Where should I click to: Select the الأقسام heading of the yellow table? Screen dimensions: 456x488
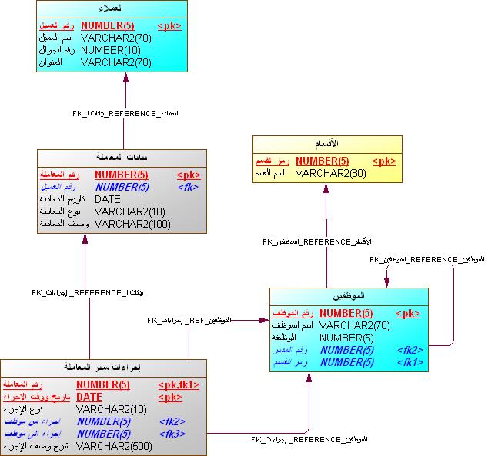[x=328, y=144]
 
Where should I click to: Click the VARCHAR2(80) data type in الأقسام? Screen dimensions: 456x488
[x=332, y=173]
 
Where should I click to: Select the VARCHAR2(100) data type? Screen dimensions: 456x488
[x=132, y=224]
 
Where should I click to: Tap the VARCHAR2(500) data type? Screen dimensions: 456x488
[x=114, y=445]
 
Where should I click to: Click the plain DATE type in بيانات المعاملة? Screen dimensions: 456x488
[x=107, y=199]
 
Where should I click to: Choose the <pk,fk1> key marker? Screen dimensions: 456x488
[x=179, y=384]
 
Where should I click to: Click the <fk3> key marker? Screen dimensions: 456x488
[x=173, y=433]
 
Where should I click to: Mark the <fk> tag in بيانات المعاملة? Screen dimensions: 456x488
[x=189, y=187]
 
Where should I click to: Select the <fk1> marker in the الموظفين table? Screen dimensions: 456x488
[x=410, y=361]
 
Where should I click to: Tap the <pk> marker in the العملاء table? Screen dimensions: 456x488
[x=169, y=25]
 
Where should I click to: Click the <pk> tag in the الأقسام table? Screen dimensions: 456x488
[x=384, y=161]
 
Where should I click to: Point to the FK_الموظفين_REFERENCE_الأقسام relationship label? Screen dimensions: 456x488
[x=317, y=241]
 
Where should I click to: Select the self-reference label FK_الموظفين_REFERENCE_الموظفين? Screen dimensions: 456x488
[x=426, y=260]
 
